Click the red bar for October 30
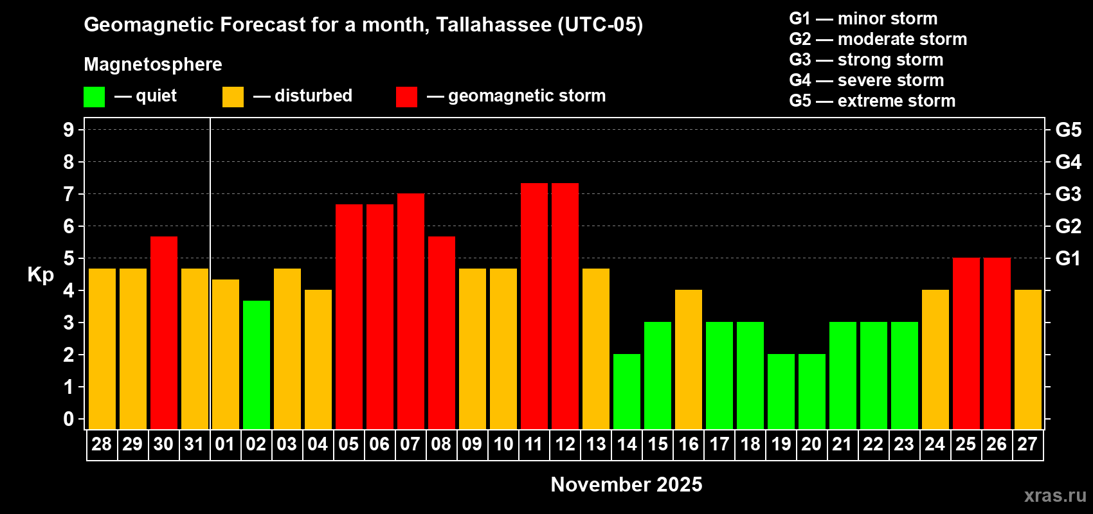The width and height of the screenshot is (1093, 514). coord(164,333)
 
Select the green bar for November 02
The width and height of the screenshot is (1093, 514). coord(257,365)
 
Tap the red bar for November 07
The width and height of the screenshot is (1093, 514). coord(411,312)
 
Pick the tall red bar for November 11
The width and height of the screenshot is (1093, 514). coord(534,306)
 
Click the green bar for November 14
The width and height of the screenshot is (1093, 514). coord(627,392)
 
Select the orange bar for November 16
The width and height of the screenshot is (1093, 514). coord(689,360)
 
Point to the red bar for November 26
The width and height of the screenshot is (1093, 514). coord(997,344)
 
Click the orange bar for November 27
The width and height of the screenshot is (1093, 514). coord(1028,360)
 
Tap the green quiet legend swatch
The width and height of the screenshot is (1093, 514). coord(94,97)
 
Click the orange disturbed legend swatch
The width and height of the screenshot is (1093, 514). coord(233,97)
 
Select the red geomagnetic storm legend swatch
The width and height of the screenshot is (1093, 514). coord(406,97)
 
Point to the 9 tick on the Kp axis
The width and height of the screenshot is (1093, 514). coord(69,130)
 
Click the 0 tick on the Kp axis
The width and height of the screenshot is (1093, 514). coord(69,420)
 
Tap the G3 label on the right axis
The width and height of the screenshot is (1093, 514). coord(1068,194)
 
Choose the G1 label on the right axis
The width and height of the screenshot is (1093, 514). coord(1068,258)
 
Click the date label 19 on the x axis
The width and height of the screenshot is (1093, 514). coord(781,445)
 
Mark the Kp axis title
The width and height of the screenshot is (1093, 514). coord(41,275)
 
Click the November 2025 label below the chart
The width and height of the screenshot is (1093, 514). coord(626,484)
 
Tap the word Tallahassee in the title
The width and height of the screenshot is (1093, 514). coord(493,24)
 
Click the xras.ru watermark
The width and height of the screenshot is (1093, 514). coord(1054,495)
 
